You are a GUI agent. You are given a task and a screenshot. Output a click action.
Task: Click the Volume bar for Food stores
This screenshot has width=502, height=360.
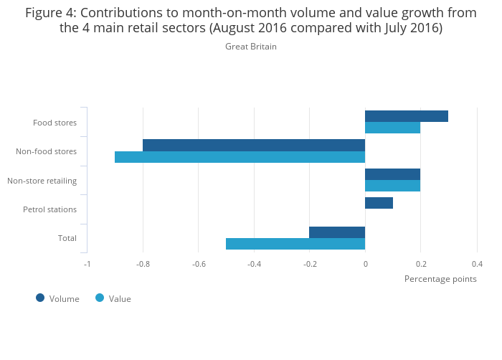point(407,116)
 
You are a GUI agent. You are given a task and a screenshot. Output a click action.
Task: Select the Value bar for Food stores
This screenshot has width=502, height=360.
point(392,128)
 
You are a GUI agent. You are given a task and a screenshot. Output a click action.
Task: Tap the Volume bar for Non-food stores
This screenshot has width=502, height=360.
point(254,145)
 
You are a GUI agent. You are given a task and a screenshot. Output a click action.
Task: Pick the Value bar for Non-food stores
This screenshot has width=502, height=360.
point(240,157)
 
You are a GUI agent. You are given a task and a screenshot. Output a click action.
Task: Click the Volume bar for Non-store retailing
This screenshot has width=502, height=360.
point(392,174)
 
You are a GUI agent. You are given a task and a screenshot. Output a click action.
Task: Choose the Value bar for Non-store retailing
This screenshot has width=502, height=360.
point(392,186)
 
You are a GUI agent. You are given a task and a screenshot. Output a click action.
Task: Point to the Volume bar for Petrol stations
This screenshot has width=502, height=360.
point(379,203)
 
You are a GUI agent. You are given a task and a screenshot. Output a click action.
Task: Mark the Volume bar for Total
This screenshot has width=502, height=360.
point(337,232)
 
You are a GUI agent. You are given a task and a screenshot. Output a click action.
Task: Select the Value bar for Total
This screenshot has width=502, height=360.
point(295,244)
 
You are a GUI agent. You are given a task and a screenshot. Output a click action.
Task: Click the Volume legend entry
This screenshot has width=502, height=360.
point(58,298)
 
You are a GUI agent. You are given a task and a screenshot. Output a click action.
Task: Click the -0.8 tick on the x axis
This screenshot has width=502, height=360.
point(143,263)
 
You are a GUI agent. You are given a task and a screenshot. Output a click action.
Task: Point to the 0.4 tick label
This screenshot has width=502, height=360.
point(476,263)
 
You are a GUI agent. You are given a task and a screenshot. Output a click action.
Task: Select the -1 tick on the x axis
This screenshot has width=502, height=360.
point(87,263)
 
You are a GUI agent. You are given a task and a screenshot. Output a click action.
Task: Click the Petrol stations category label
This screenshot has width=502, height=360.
point(49,209)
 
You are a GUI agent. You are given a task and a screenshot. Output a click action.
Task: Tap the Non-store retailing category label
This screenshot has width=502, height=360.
point(42,180)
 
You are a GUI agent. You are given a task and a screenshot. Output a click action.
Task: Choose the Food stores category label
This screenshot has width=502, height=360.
point(55,123)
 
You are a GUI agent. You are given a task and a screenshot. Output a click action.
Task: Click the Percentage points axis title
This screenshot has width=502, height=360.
point(440,278)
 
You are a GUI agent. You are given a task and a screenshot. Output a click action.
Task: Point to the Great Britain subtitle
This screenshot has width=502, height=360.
point(251,47)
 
